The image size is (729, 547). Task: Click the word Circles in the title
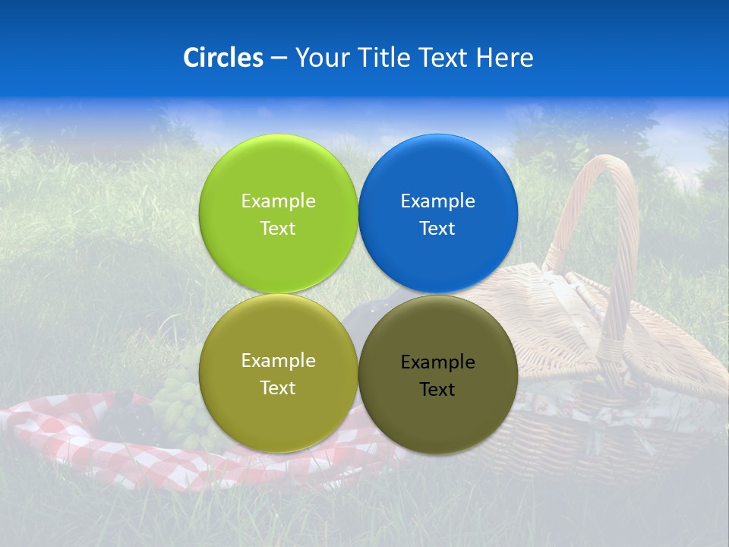pos(222,58)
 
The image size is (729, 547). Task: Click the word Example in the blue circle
pos(437,201)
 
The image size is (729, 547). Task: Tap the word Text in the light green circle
pos(278,229)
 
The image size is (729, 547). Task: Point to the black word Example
pos(437,362)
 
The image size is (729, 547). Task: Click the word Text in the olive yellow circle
pos(278,388)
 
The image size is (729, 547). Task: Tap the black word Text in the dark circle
pos(437,390)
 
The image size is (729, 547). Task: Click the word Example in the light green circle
pos(278,201)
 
